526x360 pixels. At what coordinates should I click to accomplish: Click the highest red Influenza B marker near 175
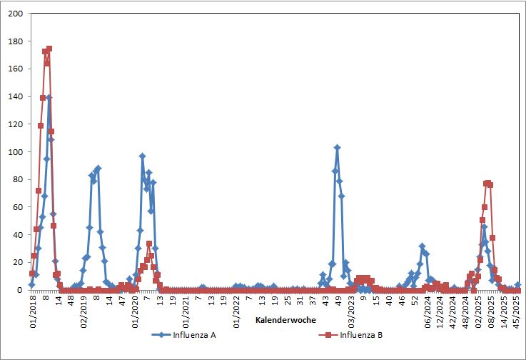49,49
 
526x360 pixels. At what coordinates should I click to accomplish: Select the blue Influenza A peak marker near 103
337,148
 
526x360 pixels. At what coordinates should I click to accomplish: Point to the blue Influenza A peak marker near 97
142,156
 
